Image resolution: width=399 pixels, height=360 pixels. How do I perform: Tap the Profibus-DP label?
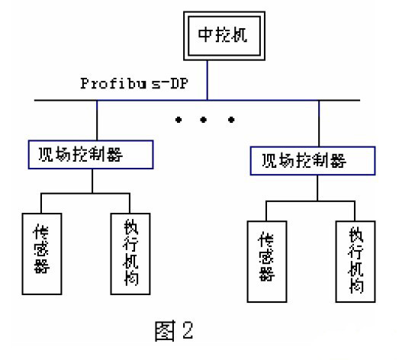pyautogui.click(x=134, y=83)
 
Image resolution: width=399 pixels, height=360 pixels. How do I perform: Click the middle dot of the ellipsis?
pyautogui.click(x=204, y=119)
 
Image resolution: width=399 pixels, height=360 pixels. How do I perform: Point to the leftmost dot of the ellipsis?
pyautogui.click(x=179, y=119)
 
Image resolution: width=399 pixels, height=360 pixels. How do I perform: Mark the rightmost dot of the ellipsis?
pyautogui.click(x=231, y=119)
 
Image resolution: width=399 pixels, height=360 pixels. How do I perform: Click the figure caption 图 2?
pyautogui.click(x=174, y=330)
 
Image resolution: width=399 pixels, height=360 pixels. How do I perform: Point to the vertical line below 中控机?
pyautogui.click(x=208, y=80)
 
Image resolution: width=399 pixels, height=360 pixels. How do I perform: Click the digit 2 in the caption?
pyautogui.click(x=188, y=330)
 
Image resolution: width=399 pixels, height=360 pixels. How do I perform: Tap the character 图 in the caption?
pyautogui.click(x=165, y=331)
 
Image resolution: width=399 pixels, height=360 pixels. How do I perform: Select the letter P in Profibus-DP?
pyautogui.click(x=84, y=83)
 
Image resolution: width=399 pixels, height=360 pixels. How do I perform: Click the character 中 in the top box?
pyautogui.click(x=205, y=34)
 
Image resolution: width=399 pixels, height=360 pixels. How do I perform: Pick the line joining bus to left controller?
pyautogui.click(x=97, y=120)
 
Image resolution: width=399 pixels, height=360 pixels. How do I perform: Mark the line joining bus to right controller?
pyautogui.click(x=319, y=124)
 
